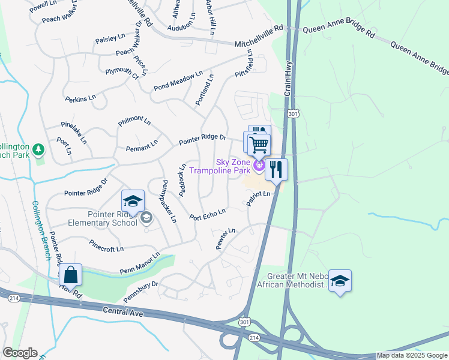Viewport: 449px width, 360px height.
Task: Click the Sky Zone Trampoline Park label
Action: click(220, 166)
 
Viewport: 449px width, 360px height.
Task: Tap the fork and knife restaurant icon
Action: click(276, 169)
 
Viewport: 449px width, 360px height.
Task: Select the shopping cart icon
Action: click(259, 144)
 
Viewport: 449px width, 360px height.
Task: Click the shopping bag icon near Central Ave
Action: click(71, 275)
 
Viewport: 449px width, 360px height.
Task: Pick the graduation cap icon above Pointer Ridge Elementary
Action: click(133, 200)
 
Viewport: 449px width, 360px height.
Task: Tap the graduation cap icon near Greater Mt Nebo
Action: click(340, 280)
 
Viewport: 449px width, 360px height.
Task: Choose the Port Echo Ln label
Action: click(208, 214)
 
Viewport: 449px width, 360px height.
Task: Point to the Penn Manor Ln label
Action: click(140, 263)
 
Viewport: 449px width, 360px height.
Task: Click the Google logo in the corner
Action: click(20, 353)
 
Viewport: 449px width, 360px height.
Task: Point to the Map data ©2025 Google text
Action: click(412, 356)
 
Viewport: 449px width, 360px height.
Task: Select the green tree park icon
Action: click(38, 148)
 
